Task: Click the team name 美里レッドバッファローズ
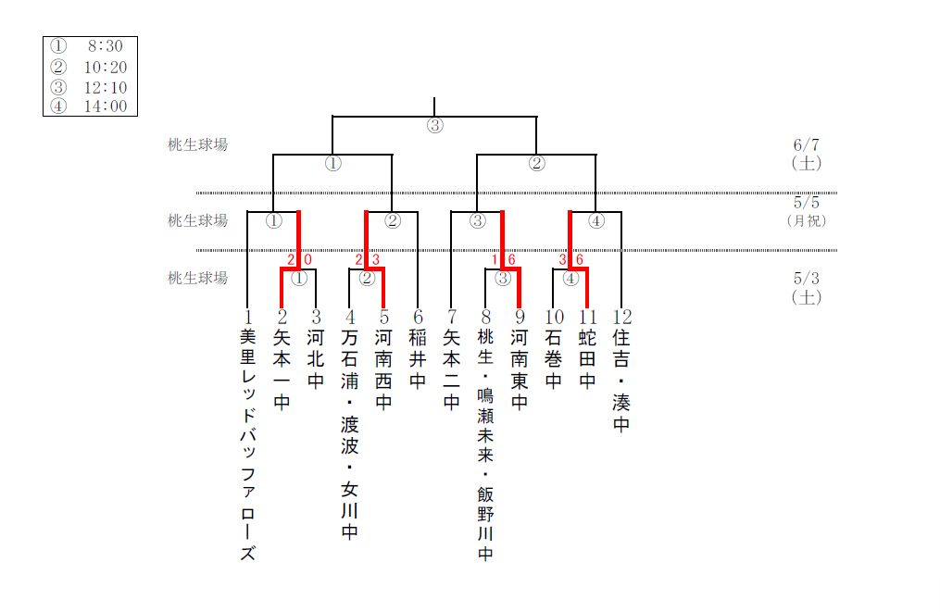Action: (x=247, y=445)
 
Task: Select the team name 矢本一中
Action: (x=282, y=369)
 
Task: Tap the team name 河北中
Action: (x=316, y=360)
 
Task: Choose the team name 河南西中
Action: (x=383, y=369)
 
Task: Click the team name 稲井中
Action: (x=418, y=360)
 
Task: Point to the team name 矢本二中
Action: (x=451, y=369)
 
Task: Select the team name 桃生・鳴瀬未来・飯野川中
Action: (x=485, y=445)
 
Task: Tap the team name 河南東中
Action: (x=520, y=369)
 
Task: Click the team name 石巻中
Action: (x=553, y=360)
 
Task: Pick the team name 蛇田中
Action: (x=587, y=360)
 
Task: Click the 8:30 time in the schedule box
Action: (x=106, y=45)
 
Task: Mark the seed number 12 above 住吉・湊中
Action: (x=621, y=317)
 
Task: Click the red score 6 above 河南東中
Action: (x=511, y=259)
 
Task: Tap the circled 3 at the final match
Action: (x=434, y=127)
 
